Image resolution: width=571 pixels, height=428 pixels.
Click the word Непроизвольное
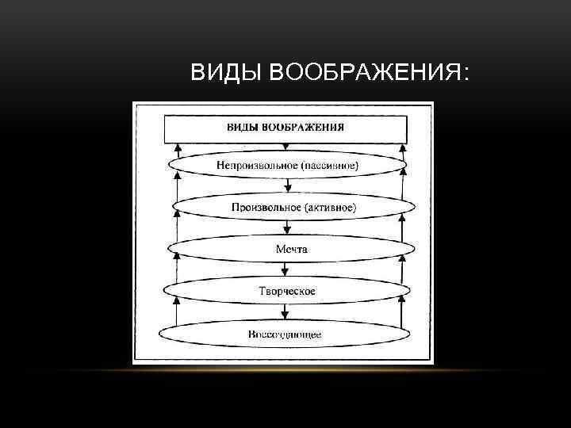253,166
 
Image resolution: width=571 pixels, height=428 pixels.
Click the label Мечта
287,250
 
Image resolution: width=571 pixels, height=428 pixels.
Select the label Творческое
287,291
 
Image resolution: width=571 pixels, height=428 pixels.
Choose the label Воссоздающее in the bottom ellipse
285,334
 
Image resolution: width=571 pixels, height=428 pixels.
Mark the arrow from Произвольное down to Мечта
287,230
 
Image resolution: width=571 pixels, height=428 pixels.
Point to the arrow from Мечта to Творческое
287,271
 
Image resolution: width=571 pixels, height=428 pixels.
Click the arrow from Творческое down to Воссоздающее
287,314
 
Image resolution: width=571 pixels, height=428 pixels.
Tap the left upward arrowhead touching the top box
178,147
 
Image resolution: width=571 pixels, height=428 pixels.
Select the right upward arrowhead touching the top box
404,147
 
